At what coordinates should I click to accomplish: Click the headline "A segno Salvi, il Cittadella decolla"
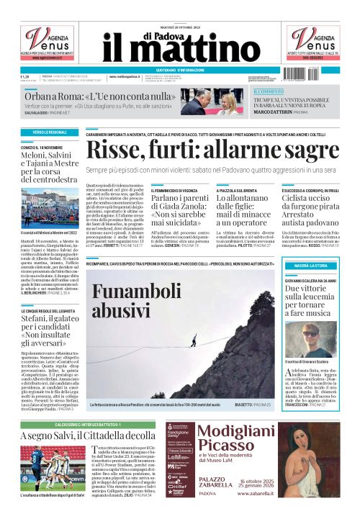(88, 436)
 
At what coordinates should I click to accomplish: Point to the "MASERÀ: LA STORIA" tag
(321, 266)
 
